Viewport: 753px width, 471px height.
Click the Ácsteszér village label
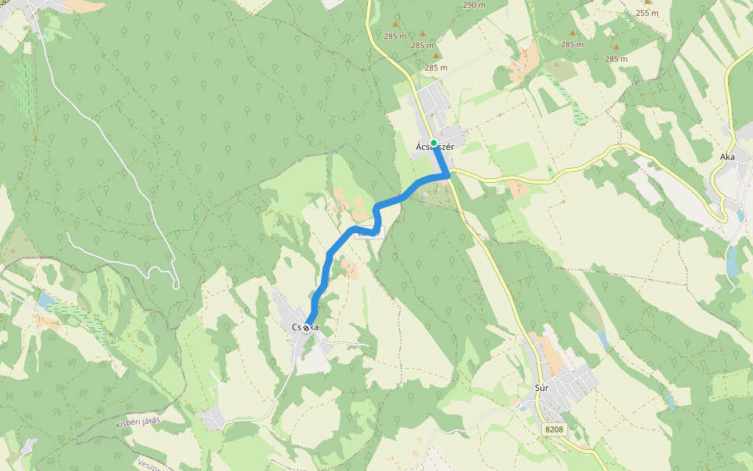coord(435,147)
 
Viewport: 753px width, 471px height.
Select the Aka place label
coord(727,157)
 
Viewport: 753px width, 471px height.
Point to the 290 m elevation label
coord(475,5)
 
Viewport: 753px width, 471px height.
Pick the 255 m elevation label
coord(647,13)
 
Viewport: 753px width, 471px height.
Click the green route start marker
coord(434,143)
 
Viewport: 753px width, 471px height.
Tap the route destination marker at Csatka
coord(306,328)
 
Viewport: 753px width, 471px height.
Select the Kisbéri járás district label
coord(137,422)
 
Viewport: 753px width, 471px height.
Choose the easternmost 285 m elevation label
coord(616,59)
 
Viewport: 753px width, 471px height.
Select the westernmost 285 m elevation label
coord(395,36)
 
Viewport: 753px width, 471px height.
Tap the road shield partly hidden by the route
coord(372,232)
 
